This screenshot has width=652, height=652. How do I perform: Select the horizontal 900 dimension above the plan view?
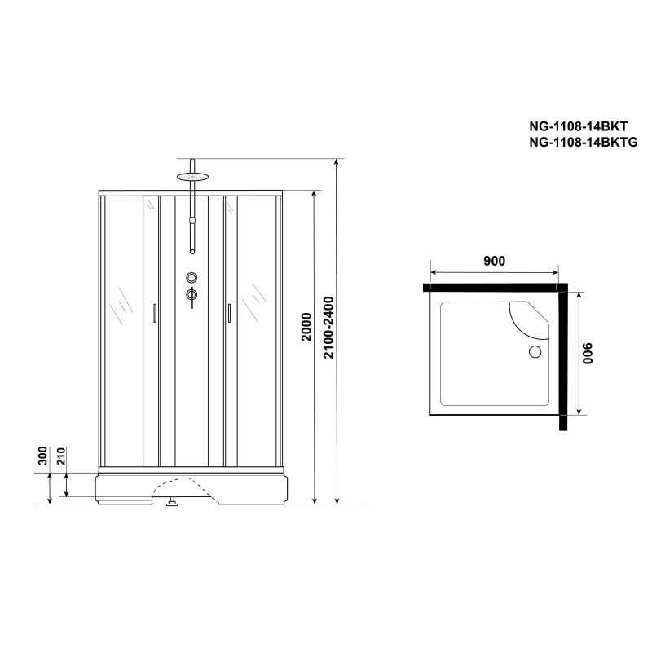(494, 262)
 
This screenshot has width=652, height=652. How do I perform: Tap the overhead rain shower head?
(191, 174)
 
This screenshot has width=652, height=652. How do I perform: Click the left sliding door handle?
(154, 314)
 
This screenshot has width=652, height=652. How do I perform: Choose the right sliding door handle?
(229, 314)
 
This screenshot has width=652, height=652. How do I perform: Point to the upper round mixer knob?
(191, 277)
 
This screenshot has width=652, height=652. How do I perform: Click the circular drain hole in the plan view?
(535, 352)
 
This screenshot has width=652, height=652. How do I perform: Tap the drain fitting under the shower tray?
(172, 503)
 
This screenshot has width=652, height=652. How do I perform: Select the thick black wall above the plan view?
(494, 287)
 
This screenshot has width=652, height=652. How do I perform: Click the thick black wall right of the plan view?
(563, 359)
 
